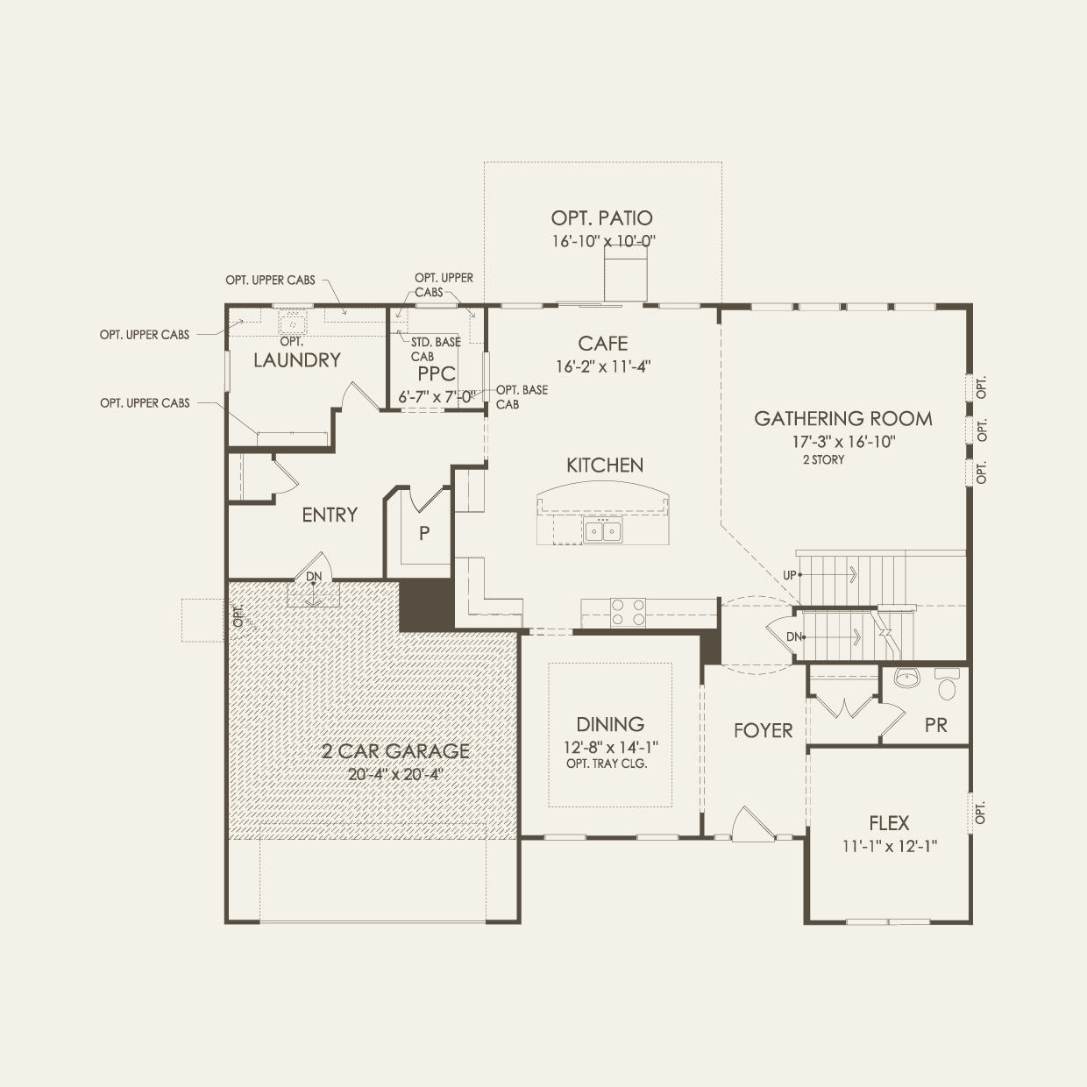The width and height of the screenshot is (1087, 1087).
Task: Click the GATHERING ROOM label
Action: [x=842, y=418]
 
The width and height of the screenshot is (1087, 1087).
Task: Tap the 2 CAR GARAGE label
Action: [x=395, y=750]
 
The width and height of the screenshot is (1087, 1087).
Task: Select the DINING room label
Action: [x=610, y=724]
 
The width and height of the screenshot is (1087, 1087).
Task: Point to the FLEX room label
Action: [x=889, y=823]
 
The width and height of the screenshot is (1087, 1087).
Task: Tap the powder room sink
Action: [x=906, y=678]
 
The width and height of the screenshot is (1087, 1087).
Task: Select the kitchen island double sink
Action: [x=602, y=531]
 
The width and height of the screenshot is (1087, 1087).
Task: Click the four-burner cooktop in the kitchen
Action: [x=628, y=612]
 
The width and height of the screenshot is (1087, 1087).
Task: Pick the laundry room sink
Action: [x=292, y=323]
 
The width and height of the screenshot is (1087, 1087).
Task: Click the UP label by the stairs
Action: [x=789, y=575]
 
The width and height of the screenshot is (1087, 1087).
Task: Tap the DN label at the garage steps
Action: [x=314, y=577]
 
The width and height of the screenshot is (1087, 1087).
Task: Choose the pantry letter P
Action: [x=424, y=533]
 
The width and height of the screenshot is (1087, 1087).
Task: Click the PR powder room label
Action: [x=936, y=725]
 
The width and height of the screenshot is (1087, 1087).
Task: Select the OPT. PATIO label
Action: [x=601, y=217]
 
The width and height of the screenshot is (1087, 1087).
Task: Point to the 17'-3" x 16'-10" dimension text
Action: [x=843, y=441]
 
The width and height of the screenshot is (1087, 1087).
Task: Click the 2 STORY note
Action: [x=823, y=459]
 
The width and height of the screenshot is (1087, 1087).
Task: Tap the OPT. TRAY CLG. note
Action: [x=607, y=764]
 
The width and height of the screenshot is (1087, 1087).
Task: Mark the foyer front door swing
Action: [x=751, y=825]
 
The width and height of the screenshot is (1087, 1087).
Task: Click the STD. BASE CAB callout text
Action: [x=436, y=349]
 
